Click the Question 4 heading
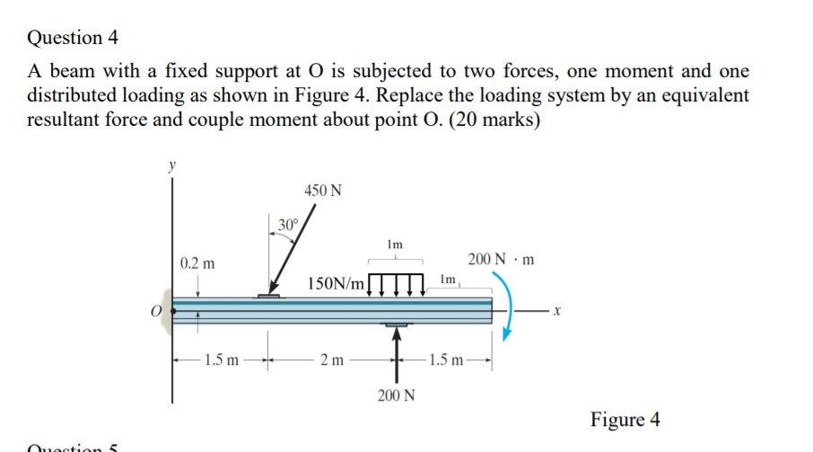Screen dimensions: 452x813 click(73, 38)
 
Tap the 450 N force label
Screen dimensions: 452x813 click(322, 191)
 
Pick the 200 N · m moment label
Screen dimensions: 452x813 click(502, 260)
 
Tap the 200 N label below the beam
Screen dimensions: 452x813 click(396, 396)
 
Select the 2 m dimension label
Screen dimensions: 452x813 click(332, 361)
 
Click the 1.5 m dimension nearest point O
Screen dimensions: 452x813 click(221, 361)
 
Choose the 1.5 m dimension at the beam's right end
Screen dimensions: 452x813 click(446, 361)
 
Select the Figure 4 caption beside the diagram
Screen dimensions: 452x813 click(625, 420)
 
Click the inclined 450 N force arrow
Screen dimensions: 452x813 click(286, 257)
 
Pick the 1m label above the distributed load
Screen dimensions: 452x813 click(395, 244)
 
